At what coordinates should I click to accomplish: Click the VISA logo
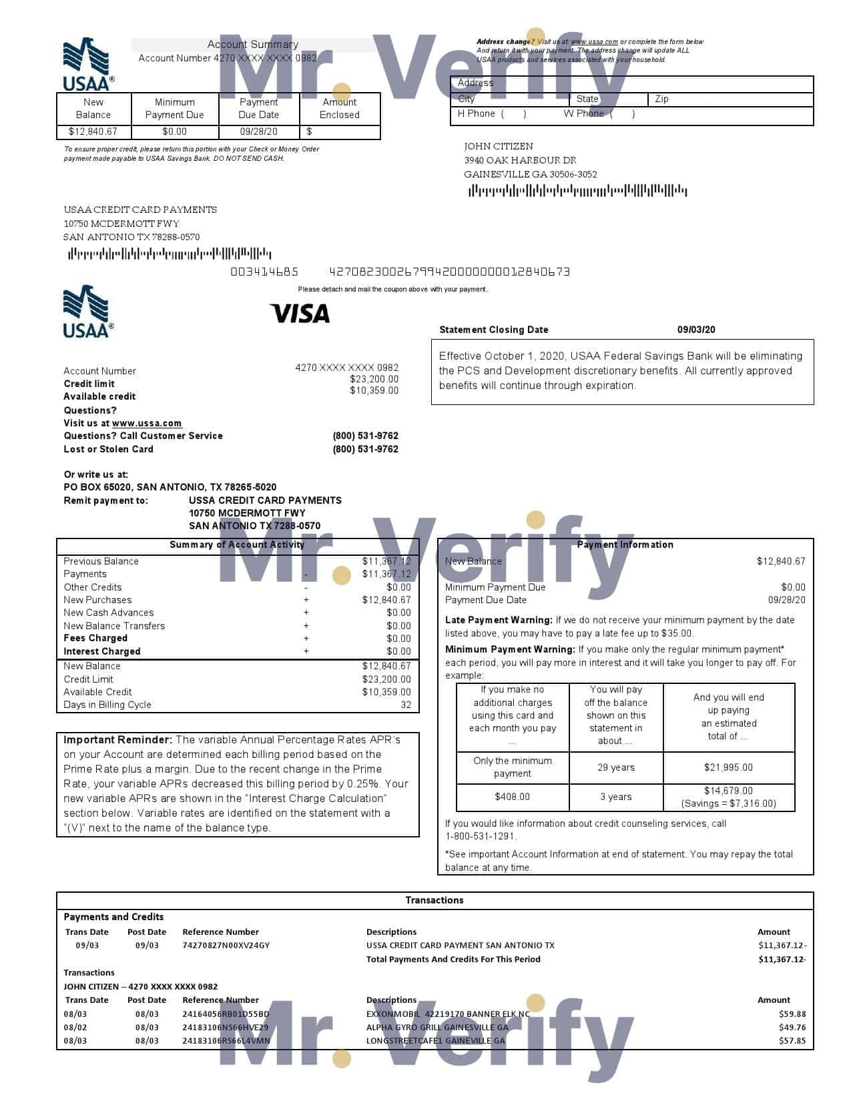(x=300, y=313)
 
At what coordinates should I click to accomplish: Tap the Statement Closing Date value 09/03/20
(x=696, y=330)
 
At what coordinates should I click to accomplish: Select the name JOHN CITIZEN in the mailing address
(x=499, y=146)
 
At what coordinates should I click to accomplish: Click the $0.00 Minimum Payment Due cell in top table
(x=174, y=131)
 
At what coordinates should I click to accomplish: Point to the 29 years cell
(x=615, y=767)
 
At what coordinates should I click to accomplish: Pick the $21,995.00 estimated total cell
(x=728, y=767)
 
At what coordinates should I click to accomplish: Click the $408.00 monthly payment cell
(x=512, y=797)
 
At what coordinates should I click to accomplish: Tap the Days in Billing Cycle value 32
(x=406, y=705)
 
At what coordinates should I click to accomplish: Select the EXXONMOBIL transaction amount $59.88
(x=792, y=1014)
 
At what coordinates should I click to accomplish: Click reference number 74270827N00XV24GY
(x=226, y=946)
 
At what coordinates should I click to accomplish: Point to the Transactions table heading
(x=435, y=900)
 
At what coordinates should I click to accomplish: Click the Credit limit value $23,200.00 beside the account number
(x=374, y=379)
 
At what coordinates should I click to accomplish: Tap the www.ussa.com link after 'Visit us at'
(x=147, y=423)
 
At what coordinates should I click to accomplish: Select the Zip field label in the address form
(x=661, y=99)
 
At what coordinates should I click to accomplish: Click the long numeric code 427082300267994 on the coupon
(x=449, y=272)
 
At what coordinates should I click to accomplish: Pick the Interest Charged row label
(x=102, y=651)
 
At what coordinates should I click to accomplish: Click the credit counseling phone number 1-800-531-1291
(x=481, y=836)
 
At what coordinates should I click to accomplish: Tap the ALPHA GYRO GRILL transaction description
(x=437, y=1028)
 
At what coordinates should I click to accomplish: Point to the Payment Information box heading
(x=625, y=544)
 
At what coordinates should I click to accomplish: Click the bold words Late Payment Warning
(x=499, y=620)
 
